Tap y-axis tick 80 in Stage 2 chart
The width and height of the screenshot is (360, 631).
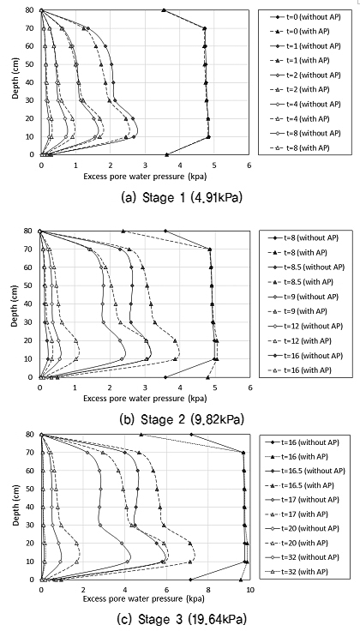30,231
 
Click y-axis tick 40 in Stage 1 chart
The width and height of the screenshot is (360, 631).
30,82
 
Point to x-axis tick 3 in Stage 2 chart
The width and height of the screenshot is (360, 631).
145,387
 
